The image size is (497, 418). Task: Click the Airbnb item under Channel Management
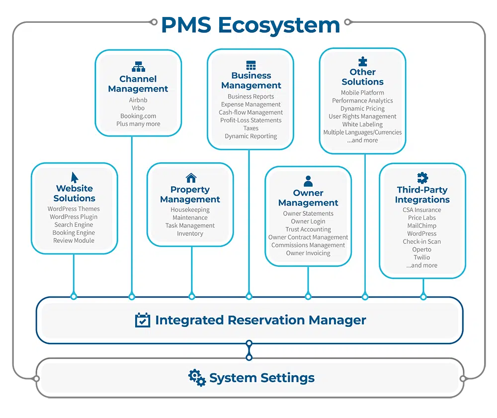138,100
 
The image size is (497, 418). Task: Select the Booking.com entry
138,116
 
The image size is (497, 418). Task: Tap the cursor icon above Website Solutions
75,177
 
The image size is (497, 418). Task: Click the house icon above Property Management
191,178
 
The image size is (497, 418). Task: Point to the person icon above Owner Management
308,181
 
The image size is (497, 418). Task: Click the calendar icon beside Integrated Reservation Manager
143,320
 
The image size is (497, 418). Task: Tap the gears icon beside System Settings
197,378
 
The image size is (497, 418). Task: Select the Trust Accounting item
308,229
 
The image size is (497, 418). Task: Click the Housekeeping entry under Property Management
190,210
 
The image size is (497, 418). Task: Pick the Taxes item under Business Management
251,128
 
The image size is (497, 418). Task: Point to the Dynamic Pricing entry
362,108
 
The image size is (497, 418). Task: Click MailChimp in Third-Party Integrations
422,226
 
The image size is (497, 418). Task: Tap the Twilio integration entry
422,258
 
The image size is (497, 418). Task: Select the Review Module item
74,241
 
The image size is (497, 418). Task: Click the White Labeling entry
362,124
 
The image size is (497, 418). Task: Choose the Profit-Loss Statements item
251,120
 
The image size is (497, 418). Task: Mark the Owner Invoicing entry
308,253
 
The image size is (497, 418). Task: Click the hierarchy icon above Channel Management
138,67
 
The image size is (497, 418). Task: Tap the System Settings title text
262,378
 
